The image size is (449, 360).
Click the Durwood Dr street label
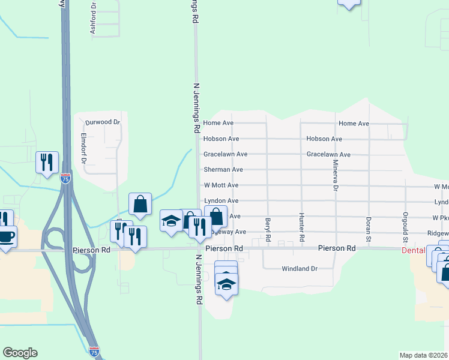tap(103, 122)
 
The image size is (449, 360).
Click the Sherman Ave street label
tap(223, 170)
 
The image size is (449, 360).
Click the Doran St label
tap(369, 226)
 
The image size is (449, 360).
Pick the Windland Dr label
tap(299, 269)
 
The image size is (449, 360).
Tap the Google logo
tap(20, 353)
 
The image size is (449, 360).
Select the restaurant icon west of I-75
tap(47, 162)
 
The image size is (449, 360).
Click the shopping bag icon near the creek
tap(140, 204)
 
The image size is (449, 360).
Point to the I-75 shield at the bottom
tap(94, 351)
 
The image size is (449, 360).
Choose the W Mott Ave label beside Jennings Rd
tap(221, 185)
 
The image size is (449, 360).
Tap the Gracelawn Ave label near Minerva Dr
tap(327, 154)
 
